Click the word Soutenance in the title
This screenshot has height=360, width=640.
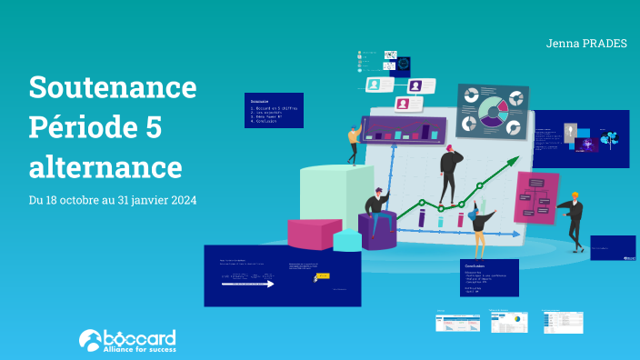(x=113, y=87)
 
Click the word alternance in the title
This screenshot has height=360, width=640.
(x=105, y=167)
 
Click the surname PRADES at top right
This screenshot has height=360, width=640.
(x=605, y=43)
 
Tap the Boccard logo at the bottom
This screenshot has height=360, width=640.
(x=127, y=340)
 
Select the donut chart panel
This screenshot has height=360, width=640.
(x=492, y=114)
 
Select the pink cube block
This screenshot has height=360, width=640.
(x=315, y=233)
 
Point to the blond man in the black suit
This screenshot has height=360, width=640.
(x=574, y=219)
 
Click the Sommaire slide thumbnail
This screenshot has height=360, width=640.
(x=273, y=110)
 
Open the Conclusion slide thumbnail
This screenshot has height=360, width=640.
(x=489, y=278)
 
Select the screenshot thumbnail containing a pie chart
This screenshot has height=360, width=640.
(x=509, y=322)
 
